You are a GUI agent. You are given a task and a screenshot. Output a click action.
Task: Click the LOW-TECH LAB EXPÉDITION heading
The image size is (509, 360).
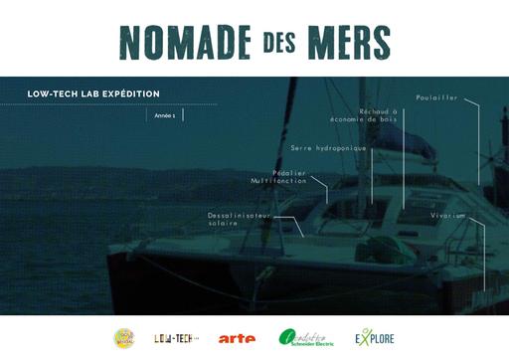pos(94,94)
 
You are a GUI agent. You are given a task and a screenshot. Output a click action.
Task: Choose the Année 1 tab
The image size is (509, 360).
pos(165,115)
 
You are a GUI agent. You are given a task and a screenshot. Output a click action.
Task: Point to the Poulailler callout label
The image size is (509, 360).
pos(436,99)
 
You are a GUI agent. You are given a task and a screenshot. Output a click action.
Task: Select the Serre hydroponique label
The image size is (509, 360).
pos(328,148)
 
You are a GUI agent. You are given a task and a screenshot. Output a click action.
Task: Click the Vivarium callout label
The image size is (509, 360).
pos(447,215)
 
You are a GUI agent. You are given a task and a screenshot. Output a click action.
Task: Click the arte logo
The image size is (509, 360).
pos(237,338)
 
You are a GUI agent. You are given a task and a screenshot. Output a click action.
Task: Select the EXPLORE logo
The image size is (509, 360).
pos(374,337)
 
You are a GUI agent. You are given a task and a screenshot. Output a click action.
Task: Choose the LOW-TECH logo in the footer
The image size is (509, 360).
pos(176,338)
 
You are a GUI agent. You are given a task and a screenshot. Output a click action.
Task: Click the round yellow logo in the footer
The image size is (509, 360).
pos(124,338)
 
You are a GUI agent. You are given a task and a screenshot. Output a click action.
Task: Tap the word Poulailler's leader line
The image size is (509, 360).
pos(478,139)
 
